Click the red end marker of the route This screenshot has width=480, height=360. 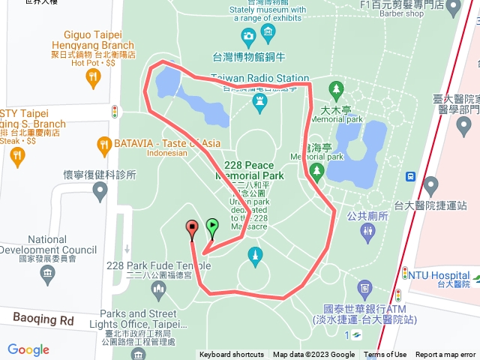pos(191,227)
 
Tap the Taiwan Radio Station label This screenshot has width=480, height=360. pos(259,78)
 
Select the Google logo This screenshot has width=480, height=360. pos(28,349)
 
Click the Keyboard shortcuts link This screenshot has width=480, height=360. pos(232,355)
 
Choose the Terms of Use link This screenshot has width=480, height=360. pos(385,355)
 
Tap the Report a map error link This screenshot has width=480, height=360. pos(446,355)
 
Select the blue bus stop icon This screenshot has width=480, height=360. pos(411,177)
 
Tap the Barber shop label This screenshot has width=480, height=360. pos(403,13)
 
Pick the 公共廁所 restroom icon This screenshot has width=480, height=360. pos(367,232)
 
